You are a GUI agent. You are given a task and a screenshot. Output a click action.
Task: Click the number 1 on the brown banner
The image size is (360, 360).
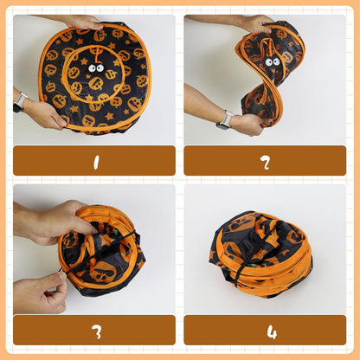(x=96, y=163)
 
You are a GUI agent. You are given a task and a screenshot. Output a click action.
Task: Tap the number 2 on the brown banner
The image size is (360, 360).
(x=266, y=163)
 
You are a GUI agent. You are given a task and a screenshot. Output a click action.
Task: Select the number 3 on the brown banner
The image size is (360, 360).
(x=97, y=332)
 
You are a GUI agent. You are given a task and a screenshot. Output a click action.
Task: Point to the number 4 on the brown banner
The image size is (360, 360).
(x=272, y=332)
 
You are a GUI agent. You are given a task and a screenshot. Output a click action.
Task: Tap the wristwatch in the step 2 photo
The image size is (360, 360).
(x=225, y=120)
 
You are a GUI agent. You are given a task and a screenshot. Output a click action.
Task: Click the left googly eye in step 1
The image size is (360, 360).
(x=93, y=68)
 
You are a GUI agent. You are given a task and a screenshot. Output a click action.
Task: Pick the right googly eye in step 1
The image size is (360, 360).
(x=100, y=68)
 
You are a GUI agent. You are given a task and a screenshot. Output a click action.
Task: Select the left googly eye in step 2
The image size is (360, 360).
(x=269, y=62)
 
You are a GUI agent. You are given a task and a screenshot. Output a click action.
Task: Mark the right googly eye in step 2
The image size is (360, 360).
(x=276, y=61)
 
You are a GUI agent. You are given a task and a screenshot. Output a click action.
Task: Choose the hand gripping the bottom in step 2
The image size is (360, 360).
(x=248, y=125)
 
